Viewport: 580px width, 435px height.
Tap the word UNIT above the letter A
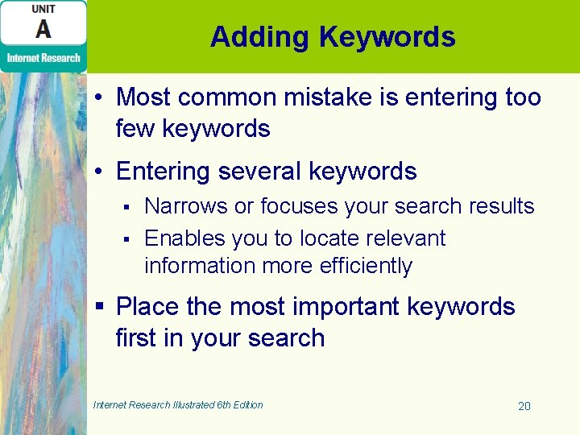[43, 9]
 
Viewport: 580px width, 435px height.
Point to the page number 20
[524, 406]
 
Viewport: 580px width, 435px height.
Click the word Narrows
[186, 206]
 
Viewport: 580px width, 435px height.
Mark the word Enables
[184, 238]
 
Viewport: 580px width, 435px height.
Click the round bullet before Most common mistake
[97, 98]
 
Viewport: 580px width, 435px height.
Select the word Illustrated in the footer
[194, 405]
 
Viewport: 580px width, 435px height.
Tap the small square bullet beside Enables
[126, 239]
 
